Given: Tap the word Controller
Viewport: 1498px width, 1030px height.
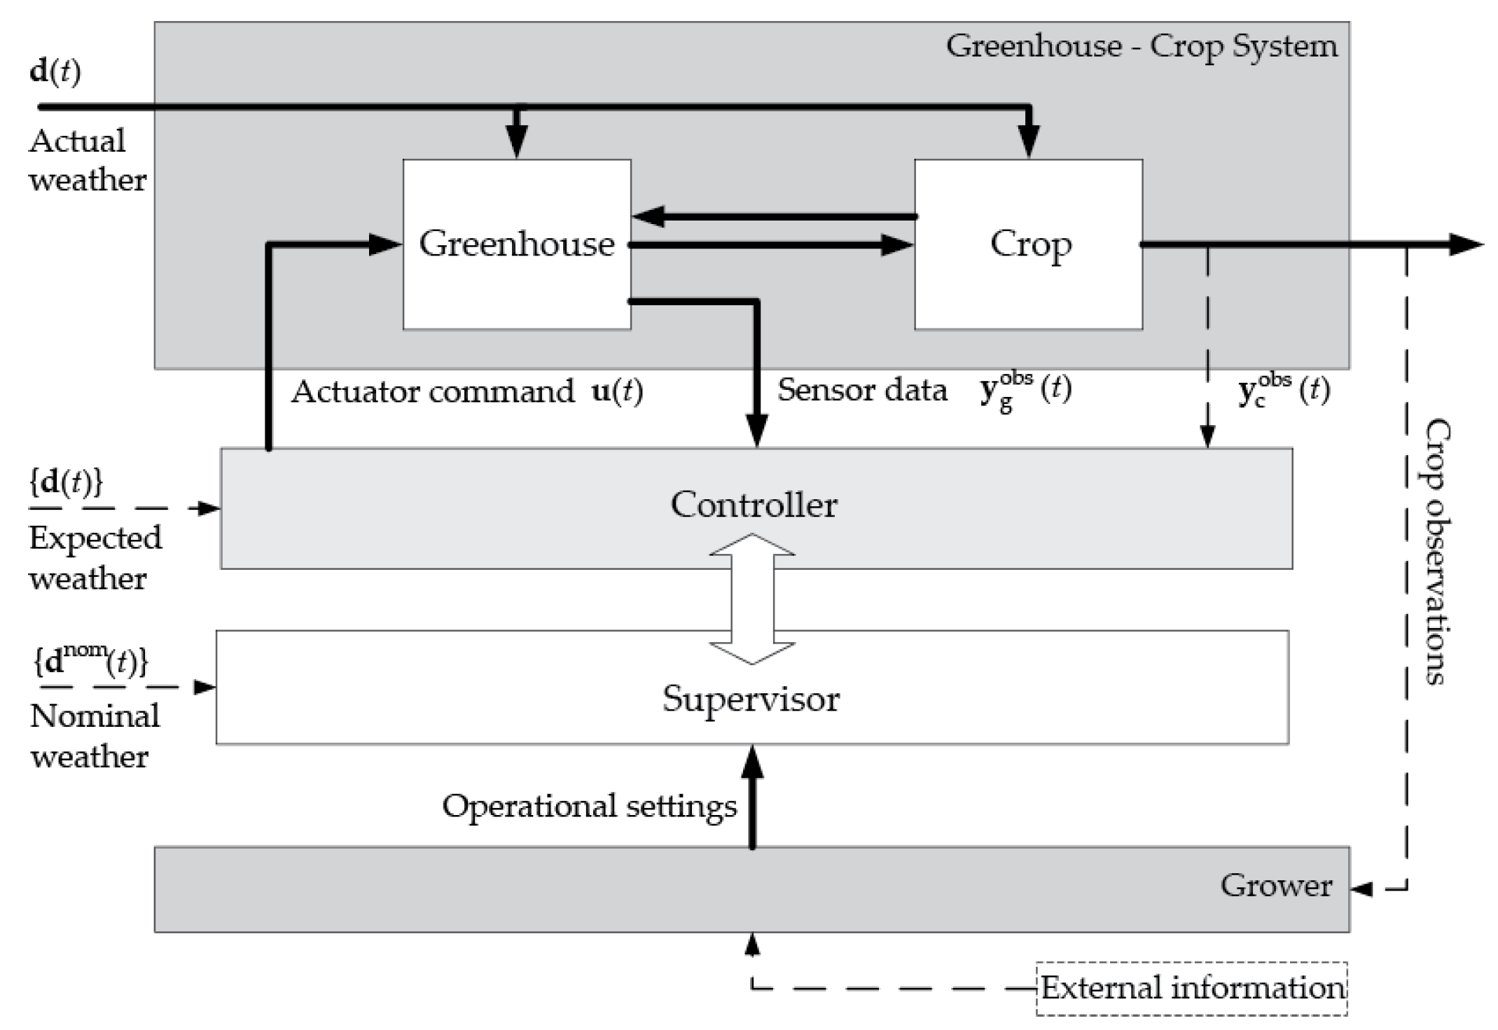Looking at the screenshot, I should (x=754, y=505).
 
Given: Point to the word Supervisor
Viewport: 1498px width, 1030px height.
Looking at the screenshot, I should (x=751, y=699).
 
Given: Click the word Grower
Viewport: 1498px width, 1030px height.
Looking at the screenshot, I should (x=1275, y=886).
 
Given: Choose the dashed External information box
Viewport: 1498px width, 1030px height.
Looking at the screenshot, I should (x=1191, y=989).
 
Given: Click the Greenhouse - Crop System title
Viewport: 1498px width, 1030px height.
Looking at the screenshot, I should (x=1141, y=47).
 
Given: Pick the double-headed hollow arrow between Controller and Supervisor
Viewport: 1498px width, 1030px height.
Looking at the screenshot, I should (x=752, y=599).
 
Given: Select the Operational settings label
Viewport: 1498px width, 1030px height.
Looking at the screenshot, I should (x=589, y=807).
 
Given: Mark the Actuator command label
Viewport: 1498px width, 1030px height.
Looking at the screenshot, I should (x=433, y=391).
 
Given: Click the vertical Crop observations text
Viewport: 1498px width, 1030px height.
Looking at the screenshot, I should (x=1438, y=551).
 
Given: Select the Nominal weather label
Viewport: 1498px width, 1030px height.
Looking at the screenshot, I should (x=95, y=736).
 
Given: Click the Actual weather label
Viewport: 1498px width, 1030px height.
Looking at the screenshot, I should (x=87, y=160).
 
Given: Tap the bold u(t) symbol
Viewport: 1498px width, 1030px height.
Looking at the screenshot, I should (x=617, y=391).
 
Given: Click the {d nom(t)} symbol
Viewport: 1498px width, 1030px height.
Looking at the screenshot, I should (x=90, y=662).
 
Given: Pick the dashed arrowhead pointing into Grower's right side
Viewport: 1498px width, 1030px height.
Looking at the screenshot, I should (x=1361, y=889).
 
